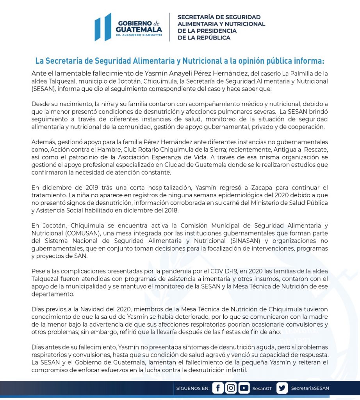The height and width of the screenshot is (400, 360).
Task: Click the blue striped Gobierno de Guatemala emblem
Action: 103,27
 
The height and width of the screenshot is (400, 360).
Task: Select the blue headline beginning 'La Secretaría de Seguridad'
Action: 180,61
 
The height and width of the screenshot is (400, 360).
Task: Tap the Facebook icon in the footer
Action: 217,388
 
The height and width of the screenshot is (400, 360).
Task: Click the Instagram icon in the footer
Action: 231,388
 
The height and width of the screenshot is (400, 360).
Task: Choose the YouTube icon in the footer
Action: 244,388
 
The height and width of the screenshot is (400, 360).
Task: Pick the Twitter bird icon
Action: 282,388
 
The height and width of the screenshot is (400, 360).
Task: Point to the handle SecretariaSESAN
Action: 310,388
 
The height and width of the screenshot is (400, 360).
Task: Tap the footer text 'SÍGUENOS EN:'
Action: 193,388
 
